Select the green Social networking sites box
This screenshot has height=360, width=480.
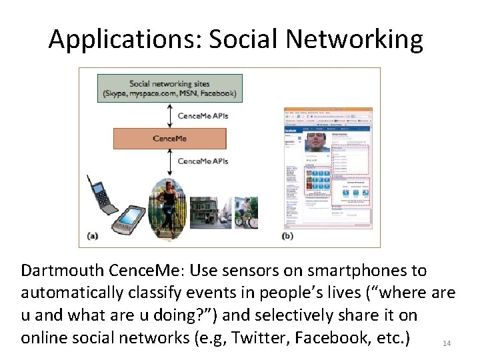[x=169, y=88]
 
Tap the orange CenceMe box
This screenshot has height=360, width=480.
[x=169, y=139]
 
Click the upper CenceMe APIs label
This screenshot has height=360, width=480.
[x=203, y=116]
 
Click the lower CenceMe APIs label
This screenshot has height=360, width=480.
[x=203, y=161]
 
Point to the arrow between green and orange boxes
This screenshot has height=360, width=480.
[x=170, y=115]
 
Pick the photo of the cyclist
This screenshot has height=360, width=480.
[x=246, y=213]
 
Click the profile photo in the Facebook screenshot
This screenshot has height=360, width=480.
[x=317, y=142]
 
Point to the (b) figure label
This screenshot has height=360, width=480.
[x=288, y=235]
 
